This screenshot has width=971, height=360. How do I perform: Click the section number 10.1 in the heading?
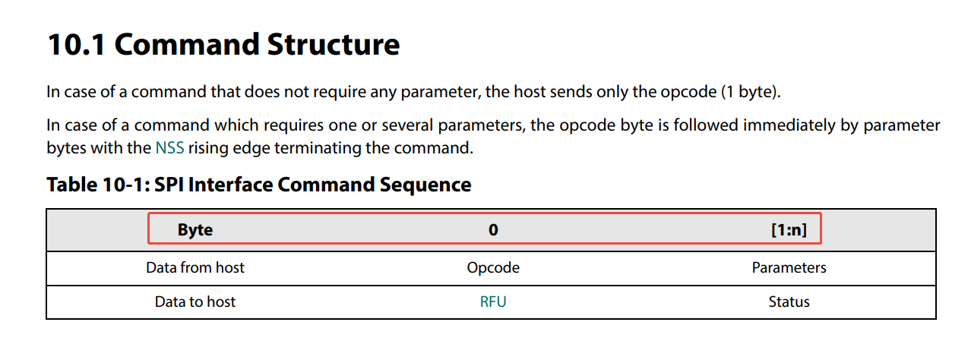click(76, 46)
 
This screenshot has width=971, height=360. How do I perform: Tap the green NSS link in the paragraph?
click(169, 148)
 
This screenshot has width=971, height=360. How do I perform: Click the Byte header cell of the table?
click(195, 230)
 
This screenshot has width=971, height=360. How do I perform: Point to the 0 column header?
click(493, 230)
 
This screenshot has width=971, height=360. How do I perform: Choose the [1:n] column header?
click(789, 230)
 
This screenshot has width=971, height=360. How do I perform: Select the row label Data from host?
click(195, 267)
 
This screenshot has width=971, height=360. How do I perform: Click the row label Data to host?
click(195, 302)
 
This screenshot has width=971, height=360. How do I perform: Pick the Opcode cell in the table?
click(493, 267)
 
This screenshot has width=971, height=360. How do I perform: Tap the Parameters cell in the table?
click(789, 267)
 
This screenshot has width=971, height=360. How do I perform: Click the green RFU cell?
click(493, 302)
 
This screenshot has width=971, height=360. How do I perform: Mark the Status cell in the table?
click(789, 302)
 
